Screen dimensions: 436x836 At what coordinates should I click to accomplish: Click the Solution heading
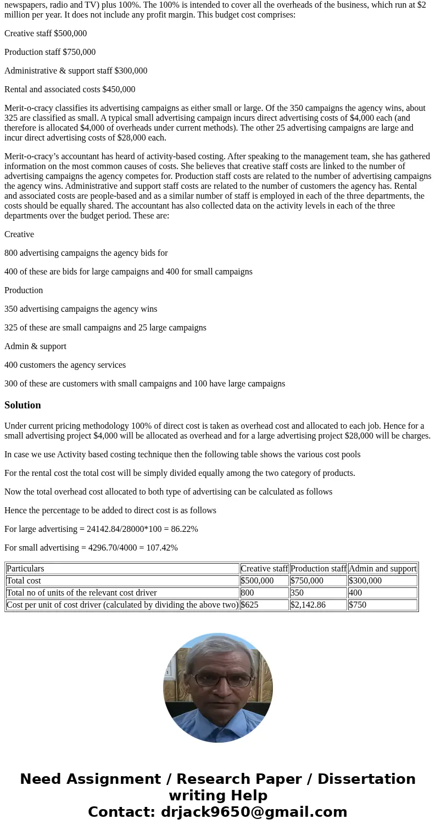point(23,405)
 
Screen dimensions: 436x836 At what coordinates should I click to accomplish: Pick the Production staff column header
point(318,569)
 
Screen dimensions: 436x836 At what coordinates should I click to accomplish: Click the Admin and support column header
point(382,569)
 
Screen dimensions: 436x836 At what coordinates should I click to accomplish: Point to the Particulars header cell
point(25,569)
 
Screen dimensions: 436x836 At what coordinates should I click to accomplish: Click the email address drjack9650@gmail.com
point(254,812)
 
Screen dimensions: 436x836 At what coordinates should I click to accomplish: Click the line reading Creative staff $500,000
point(46,33)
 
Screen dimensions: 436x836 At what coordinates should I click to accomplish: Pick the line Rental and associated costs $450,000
point(70,89)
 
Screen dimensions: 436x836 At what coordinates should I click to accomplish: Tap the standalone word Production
point(24,290)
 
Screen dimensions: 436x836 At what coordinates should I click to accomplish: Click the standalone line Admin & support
point(35,346)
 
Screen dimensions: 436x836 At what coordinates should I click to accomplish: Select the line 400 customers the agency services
point(65,365)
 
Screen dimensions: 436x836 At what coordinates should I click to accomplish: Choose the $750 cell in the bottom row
point(357,605)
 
